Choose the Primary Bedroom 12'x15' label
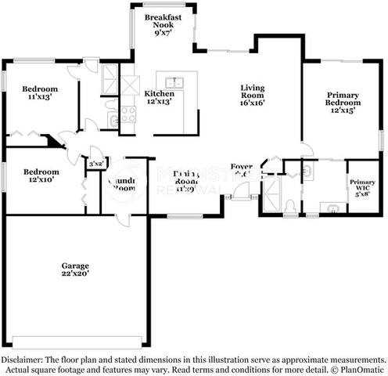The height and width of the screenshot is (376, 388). pos(343,102)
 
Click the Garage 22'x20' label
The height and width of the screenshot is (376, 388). pos(76,269)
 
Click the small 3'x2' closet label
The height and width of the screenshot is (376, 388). pos(97,163)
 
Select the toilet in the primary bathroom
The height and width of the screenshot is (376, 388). pos(289,205)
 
